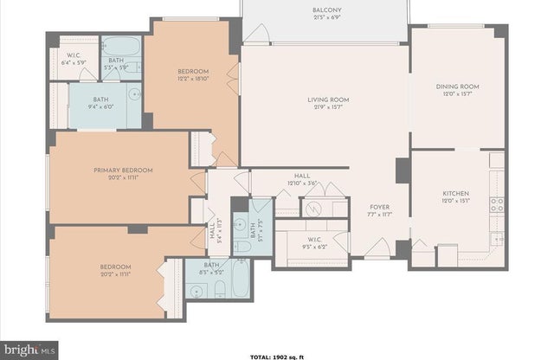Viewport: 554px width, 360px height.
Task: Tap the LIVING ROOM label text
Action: point(327,100)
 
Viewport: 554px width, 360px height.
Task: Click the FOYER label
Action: point(379,208)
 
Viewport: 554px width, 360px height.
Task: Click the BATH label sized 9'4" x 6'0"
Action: point(102,100)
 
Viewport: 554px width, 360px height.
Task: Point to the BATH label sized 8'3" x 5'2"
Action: point(211,266)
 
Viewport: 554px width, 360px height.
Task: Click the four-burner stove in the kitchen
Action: point(497,204)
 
